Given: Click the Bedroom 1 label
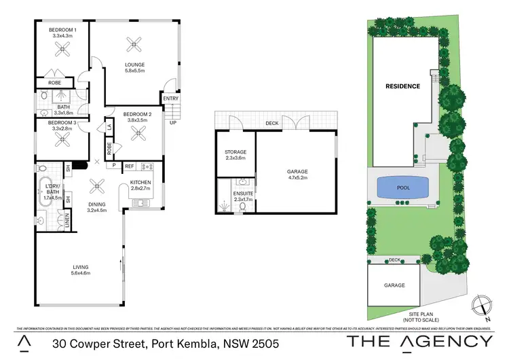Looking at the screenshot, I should (62, 31).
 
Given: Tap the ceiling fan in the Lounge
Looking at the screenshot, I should (132, 46).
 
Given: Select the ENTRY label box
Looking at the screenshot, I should (170, 99).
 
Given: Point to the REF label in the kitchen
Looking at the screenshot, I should (130, 165).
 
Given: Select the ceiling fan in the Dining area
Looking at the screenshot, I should (97, 183).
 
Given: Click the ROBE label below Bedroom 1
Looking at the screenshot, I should (45, 83).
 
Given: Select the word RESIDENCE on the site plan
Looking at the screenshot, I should (403, 86).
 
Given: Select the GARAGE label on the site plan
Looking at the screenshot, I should (394, 285).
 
